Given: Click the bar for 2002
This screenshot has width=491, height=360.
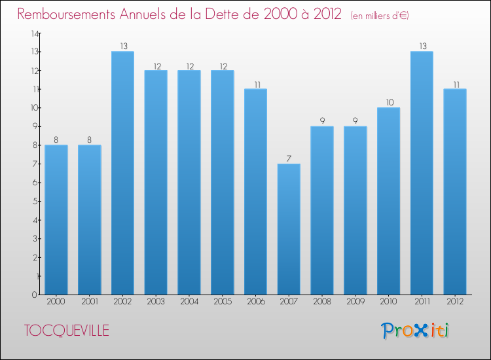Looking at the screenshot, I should coord(122,173).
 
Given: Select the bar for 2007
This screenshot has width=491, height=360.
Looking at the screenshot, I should coord(289,229).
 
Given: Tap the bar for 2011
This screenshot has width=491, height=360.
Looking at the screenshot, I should coord(422,173).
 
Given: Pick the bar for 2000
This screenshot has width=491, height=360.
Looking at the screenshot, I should coord(56,219).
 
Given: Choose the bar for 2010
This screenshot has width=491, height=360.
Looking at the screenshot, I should coord(388,201).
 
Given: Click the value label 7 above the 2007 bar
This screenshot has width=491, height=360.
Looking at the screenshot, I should coord(289,158).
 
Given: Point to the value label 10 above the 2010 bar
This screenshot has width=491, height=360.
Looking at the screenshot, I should coord(388,102).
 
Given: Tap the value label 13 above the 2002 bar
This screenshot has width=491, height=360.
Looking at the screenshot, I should coord(122,46).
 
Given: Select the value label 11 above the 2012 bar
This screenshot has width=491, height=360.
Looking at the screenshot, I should coord(455,84).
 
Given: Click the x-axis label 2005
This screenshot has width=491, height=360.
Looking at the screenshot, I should coord(222,301).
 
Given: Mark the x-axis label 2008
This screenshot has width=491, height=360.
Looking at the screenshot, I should coord(321,301).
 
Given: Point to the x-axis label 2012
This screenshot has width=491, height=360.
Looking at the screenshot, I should coord(455,301).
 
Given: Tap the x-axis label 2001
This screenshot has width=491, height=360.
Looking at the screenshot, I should coord(89,301).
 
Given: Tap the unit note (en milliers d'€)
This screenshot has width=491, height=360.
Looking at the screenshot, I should coord(380,16).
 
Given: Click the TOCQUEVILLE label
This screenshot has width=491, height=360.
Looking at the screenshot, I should coord(67,331).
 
